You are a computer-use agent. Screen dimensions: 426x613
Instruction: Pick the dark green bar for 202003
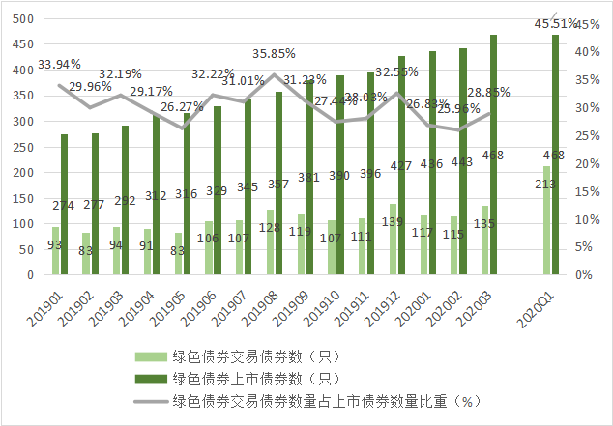(x=493, y=155)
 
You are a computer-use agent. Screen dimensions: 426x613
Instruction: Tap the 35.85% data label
(x=274, y=53)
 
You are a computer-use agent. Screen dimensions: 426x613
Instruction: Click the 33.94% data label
(x=59, y=65)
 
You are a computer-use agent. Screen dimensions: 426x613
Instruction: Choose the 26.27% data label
(x=181, y=106)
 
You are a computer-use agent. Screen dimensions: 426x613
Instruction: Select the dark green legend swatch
(x=151, y=378)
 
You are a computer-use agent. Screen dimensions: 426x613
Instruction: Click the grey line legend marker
(x=151, y=400)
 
